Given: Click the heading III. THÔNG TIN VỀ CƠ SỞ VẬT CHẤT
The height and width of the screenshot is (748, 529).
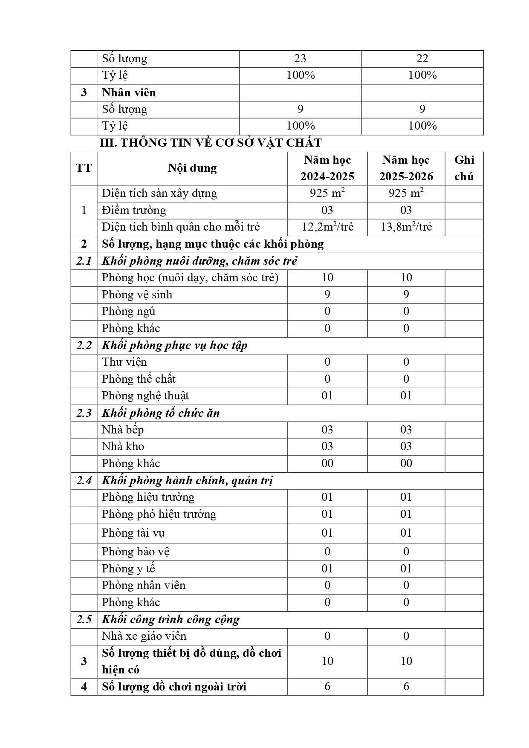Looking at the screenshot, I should point(211,143).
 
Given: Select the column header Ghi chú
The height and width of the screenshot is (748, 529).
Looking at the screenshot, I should point(464,168).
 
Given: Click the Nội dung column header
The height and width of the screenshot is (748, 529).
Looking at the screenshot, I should point(192,168).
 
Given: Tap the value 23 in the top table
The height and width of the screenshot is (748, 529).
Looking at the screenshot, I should point(300,58).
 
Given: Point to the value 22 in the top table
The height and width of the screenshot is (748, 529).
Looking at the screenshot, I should point(422,58).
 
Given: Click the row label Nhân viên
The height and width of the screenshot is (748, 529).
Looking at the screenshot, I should point(129,92).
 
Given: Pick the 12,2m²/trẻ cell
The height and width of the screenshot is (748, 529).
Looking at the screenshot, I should point(327,227).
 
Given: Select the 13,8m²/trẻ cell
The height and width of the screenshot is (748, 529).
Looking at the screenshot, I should point(406,227).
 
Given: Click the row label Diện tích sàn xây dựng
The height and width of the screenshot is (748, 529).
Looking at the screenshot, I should point(159,193).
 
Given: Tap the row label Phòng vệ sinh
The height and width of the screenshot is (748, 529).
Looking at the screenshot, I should point(137,295).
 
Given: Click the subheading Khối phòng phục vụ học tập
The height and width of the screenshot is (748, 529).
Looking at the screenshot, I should point(174,345).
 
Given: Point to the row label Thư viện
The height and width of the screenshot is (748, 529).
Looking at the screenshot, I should point(124,362).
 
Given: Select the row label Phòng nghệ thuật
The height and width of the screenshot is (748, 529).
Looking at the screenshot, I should point(145,396).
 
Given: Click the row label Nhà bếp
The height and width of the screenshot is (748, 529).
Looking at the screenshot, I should point(123,430).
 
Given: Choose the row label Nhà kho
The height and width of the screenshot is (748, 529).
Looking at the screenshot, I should point(123,446).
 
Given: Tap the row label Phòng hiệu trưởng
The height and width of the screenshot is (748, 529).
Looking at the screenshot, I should point(148,497).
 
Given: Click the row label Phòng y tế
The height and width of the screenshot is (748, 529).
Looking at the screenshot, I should point(128,569).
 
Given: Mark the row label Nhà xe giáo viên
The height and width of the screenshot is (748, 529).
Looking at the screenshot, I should point(144,636).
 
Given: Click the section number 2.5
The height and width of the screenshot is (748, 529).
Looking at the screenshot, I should point(84,619).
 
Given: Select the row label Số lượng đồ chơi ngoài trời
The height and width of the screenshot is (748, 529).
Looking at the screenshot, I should point(174,687).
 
